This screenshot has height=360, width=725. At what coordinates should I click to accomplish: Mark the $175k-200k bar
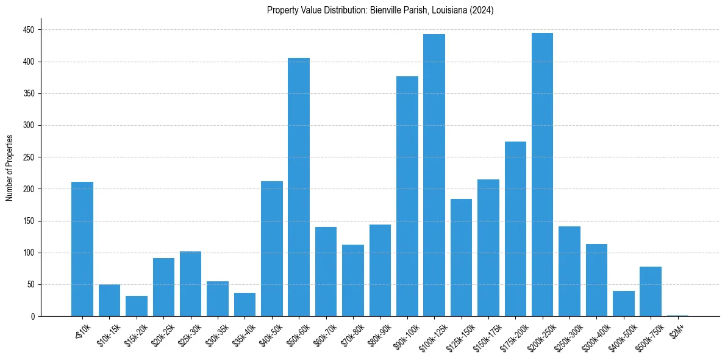515,229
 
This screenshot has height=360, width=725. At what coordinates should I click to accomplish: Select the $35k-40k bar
245,304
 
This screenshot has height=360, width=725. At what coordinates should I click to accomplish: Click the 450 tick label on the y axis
29,30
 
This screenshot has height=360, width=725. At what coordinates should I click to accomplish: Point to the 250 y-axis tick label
29,157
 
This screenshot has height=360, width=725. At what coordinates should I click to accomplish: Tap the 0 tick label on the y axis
33,317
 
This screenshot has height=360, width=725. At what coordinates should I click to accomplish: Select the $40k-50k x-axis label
271,334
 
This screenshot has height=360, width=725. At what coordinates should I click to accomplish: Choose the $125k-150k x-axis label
460,336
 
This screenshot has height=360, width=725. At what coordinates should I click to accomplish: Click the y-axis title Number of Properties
9,168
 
